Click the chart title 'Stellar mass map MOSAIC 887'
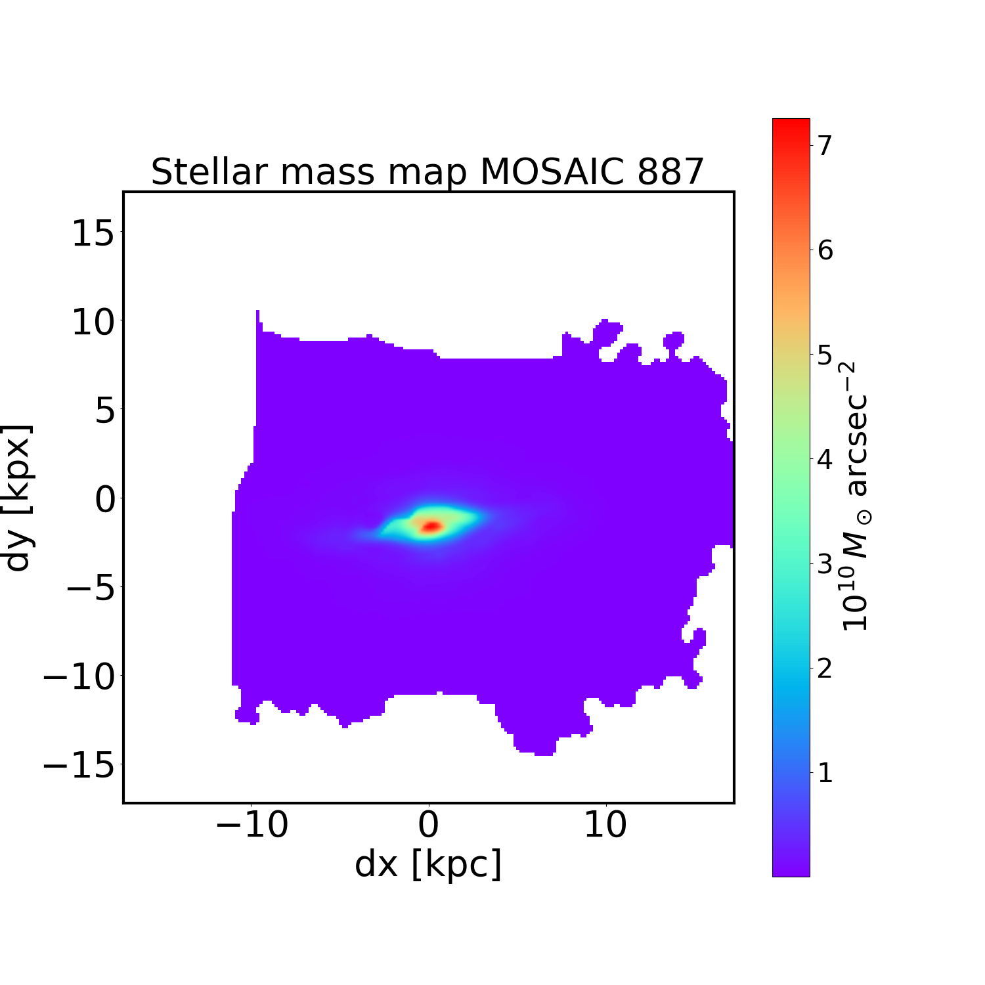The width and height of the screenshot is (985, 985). coord(427,172)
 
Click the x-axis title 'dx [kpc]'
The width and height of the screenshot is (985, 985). coord(428,864)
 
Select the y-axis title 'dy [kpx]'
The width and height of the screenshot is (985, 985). coord(18,498)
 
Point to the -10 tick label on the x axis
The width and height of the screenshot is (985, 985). coord(252,825)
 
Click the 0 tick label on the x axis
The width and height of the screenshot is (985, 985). coord(428,825)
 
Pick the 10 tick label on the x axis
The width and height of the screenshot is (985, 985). coord(605,825)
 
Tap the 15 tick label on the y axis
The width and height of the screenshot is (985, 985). coord(93,234)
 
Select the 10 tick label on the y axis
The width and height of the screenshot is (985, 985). coord(93,323)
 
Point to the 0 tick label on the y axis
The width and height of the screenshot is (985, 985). coord(105,500)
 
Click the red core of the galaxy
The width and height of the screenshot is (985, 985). coord(431,526)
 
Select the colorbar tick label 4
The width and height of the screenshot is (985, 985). coord(824,459)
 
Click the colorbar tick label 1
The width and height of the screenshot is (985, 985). coord(824,774)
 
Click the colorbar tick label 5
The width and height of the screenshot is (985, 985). coord(824,355)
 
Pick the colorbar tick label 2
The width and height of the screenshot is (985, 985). coord(824,668)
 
